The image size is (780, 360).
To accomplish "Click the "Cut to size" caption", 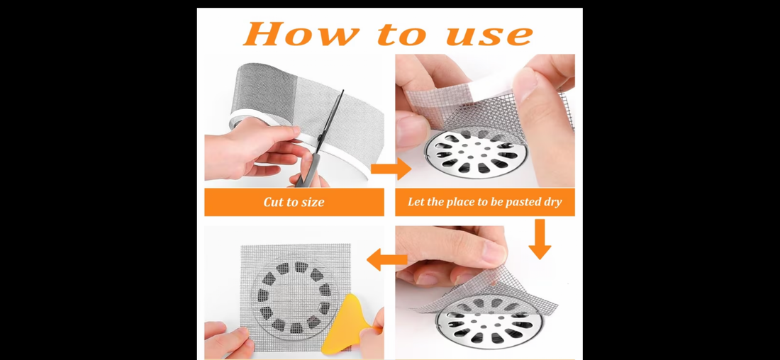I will [294, 202].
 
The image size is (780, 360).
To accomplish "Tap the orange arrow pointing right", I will [391, 169].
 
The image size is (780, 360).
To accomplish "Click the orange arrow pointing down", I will [540, 238].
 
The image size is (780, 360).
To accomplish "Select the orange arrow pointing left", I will [386, 260].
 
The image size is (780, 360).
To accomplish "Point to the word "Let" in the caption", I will [416, 202].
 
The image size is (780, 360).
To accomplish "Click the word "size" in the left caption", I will [311, 202].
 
